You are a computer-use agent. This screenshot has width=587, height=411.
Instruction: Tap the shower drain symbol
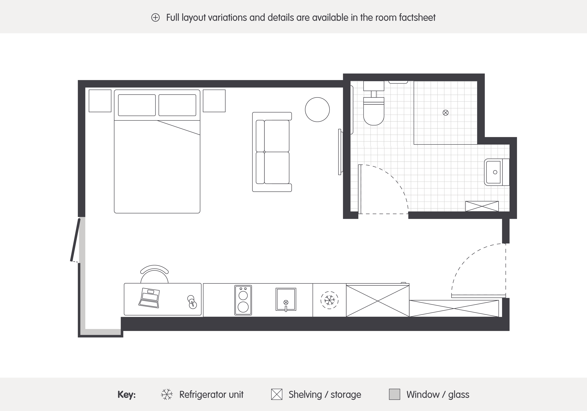pyautogui.click(x=446, y=113)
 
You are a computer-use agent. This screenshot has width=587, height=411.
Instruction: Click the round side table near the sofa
pyautogui.click(x=317, y=109)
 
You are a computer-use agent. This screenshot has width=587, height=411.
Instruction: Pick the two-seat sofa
pyautogui.click(x=272, y=152)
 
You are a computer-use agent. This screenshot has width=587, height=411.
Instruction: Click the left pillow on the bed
pyautogui.click(x=137, y=105)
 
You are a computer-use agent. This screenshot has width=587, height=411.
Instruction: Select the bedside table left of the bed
pyautogui.click(x=100, y=101)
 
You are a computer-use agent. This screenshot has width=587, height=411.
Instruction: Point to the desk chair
pyautogui.click(x=154, y=274)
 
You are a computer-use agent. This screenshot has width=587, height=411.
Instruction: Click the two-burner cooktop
pyautogui.click(x=243, y=300)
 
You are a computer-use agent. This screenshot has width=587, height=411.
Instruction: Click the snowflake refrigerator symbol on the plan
pyautogui.click(x=329, y=300)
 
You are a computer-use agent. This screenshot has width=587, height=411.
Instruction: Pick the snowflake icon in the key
pyautogui.click(x=167, y=394)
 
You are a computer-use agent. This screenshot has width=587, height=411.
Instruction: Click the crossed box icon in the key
pyautogui.click(x=277, y=394)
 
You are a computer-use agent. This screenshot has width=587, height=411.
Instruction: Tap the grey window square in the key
pyautogui.click(x=394, y=394)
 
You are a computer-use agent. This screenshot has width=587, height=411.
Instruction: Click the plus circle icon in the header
pyautogui.click(x=155, y=18)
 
